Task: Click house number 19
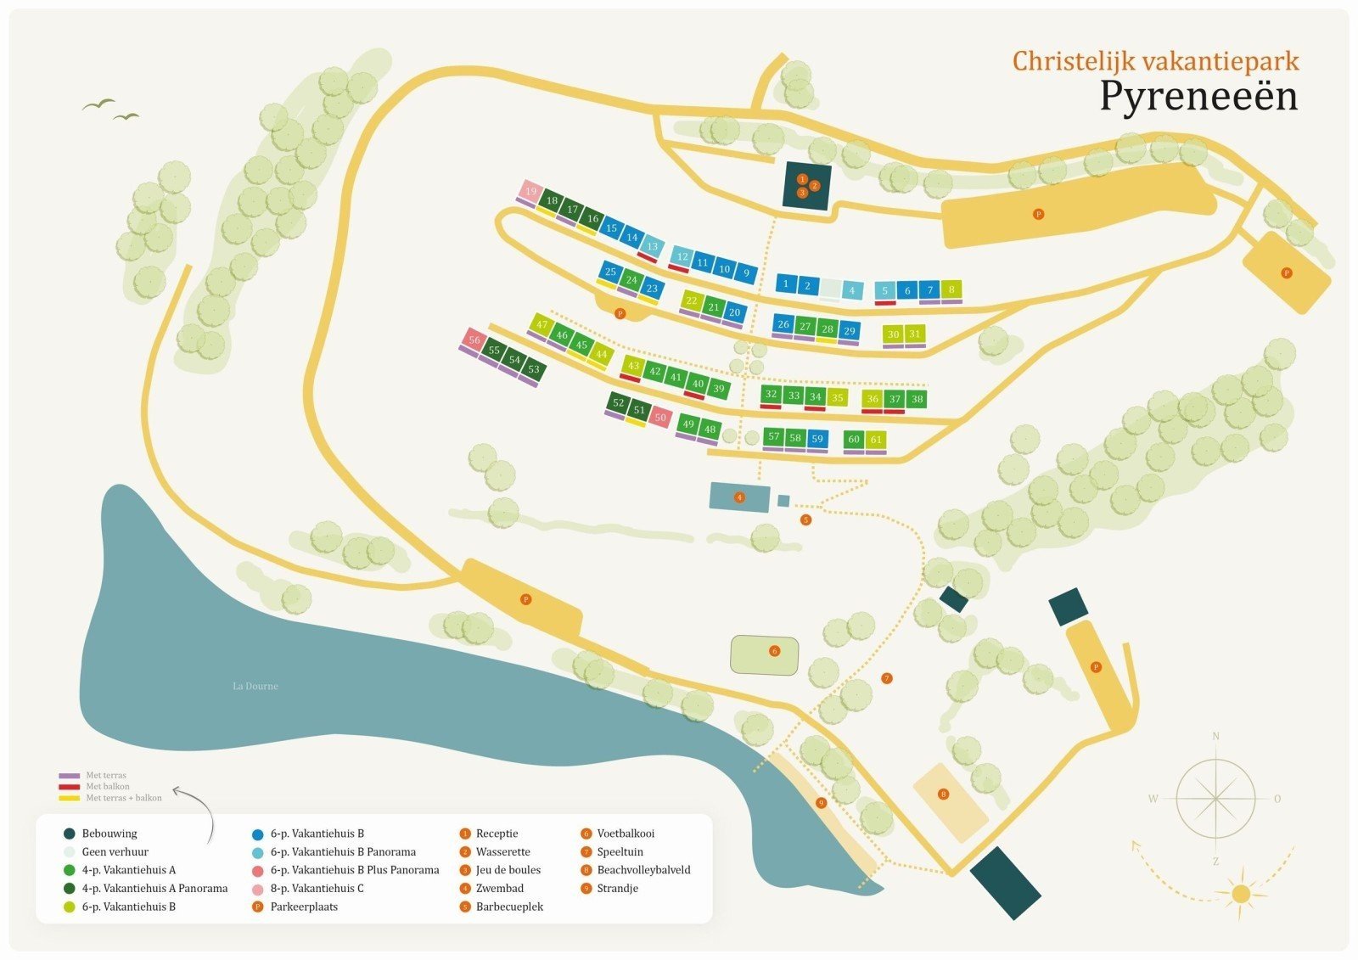click(531, 191)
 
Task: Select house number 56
click(474, 340)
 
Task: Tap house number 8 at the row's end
click(951, 289)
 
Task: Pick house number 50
click(660, 418)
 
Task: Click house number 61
click(876, 439)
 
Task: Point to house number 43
click(632, 366)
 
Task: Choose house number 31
click(914, 334)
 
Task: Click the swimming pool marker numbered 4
click(739, 497)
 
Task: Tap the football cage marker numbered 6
click(774, 651)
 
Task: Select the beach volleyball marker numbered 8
click(943, 794)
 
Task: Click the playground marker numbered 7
click(887, 678)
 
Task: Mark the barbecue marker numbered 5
click(805, 519)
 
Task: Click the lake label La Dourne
click(255, 686)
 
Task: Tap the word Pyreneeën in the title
click(1198, 96)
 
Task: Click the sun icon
click(1241, 894)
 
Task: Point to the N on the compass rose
click(1215, 736)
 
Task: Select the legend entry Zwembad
click(499, 888)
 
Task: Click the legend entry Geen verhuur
click(115, 851)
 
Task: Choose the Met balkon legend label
click(108, 787)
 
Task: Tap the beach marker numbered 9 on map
click(821, 803)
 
